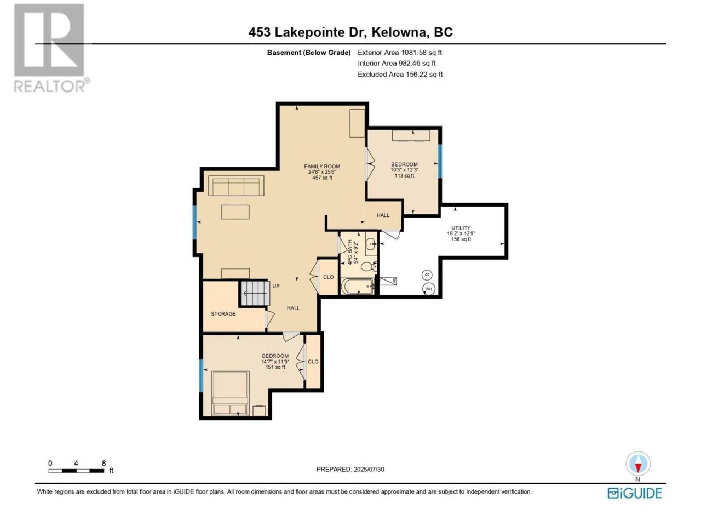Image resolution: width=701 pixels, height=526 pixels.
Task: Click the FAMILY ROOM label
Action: pos(321,167)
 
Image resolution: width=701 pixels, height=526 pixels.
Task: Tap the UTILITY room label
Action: pos(461,228)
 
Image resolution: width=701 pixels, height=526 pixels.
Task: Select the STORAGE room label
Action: pos(223,313)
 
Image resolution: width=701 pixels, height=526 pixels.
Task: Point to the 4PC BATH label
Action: pos(349,252)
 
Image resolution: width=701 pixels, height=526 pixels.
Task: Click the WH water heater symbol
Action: pos(428,289)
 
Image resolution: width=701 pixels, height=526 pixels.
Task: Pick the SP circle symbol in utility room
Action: pos(427,275)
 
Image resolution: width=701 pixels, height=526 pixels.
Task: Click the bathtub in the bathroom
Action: pos(358,286)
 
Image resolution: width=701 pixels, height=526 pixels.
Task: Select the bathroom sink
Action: pos(371,244)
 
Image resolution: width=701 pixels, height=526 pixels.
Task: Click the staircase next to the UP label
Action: pos(255,293)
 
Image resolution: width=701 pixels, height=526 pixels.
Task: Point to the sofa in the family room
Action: pos(236,186)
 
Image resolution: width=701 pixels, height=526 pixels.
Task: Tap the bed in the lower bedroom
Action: pos(230,393)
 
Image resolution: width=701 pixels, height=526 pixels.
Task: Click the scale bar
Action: pos(76,471)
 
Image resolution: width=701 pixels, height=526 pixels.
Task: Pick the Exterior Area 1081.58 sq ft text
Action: pos(400,53)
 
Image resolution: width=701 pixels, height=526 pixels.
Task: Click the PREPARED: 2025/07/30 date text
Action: pos(350,470)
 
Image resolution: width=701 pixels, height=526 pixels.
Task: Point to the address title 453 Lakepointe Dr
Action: pos(307,32)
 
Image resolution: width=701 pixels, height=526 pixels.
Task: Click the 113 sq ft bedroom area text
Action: pos(404,175)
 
